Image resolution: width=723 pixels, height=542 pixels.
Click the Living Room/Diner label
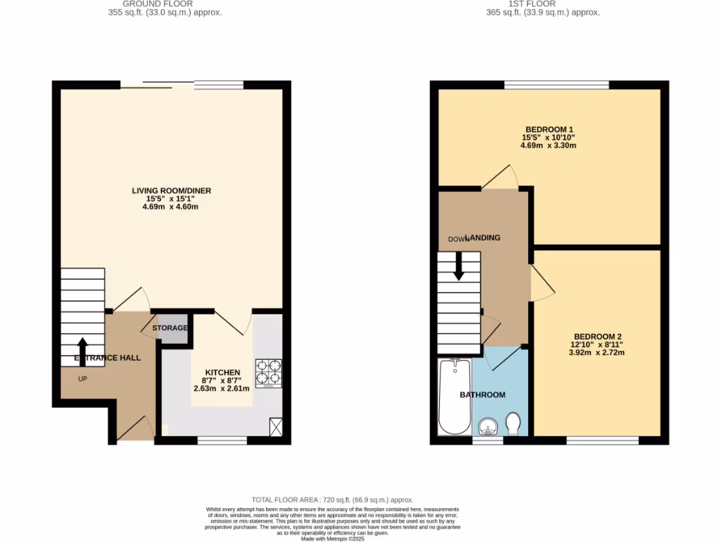pos(172,191)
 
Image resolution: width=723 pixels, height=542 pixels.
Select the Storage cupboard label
pos(172,328)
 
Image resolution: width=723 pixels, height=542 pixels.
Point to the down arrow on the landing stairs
pos(458,266)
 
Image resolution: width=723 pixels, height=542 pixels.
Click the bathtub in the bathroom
pos(454,397)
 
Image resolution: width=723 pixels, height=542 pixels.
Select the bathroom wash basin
pos(488,427)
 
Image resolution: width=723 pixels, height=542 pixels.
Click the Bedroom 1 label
pos(549,129)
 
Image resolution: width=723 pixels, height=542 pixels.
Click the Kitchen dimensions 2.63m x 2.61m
pos(222,388)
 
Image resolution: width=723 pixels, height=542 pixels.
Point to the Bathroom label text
pos(482,395)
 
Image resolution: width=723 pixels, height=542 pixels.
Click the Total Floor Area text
pos(333,500)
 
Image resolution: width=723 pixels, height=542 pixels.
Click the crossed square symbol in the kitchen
pos(275,426)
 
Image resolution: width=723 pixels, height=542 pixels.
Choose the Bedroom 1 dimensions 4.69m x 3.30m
pos(549,146)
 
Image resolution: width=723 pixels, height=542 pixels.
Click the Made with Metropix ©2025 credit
pos(333,538)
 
